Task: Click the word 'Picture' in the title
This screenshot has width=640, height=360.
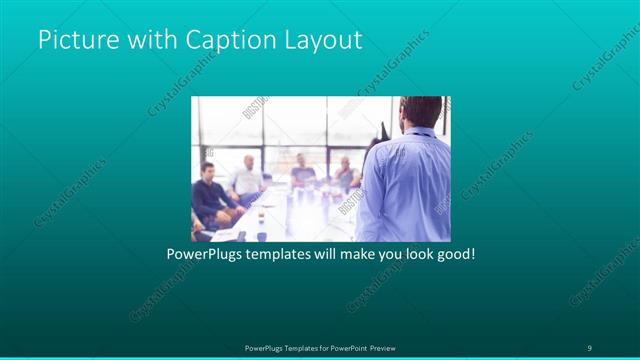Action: pos(74,41)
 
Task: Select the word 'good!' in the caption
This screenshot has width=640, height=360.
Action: pos(456,254)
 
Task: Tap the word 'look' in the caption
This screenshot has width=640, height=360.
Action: pos(415,254)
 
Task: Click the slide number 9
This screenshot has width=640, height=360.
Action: pos(590,347)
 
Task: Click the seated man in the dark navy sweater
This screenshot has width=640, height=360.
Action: pos(211,195)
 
